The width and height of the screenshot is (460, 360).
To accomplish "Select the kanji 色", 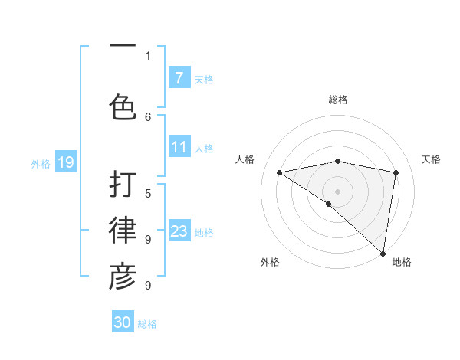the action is [123, 107].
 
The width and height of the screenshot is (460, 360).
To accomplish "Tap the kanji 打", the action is [123, 185].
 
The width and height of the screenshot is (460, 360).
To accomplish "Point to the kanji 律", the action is [123, 231].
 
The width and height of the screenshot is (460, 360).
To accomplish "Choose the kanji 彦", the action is [123, 277].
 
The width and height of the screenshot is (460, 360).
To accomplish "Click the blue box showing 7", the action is [179, 78].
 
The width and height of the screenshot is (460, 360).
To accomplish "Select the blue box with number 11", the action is [179, 147].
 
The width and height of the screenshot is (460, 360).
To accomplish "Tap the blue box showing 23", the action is [179, 231].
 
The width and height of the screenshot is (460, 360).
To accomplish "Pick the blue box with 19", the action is [65, 162].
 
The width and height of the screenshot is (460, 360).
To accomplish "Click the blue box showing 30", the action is [123, 322].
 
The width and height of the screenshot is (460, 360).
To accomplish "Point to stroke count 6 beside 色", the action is [148, 116].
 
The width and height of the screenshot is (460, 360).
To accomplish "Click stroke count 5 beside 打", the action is [148, 193].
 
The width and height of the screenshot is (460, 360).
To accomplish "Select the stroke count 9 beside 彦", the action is [148, 286].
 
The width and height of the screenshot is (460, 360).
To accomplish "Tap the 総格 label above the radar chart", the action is [337, 100].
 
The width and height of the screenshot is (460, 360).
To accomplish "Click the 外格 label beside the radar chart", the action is [270, 262].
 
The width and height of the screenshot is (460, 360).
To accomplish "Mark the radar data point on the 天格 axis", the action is [396, 172].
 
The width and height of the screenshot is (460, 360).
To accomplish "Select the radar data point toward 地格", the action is [383, 253].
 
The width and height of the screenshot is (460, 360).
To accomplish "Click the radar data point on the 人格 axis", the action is [279, 172].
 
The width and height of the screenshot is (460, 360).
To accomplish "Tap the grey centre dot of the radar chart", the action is [337, 191].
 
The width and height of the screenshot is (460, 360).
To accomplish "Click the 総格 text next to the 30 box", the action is [147, 324].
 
